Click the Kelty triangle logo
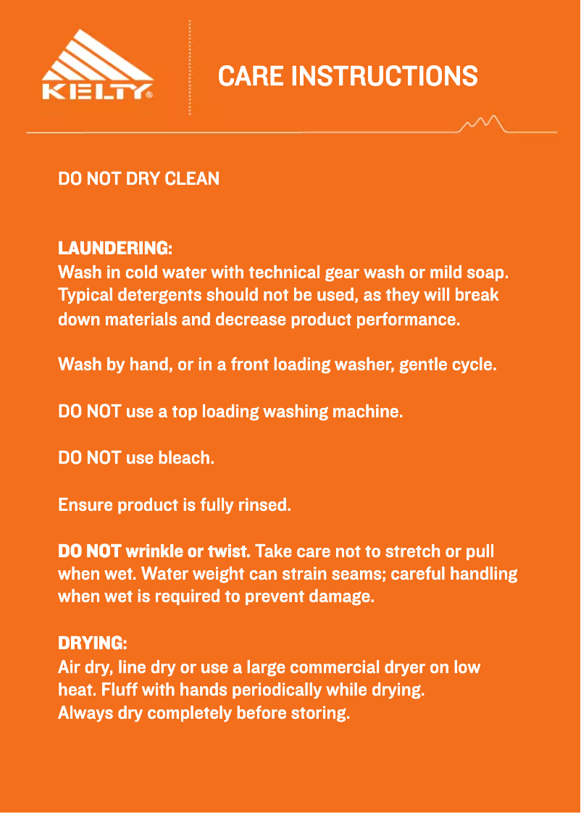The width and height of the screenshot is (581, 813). pyautogui.click(x=97, y=64)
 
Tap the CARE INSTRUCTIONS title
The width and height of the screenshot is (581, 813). pyautogui.click(x=348, y=76)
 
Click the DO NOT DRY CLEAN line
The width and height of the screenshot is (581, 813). pyautogui.click(x=138, y=178)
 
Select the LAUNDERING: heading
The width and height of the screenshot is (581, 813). pyautogui.click(x=114, y=249)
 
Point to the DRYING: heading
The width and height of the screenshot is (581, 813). pyautogui.click(x=92, y=643)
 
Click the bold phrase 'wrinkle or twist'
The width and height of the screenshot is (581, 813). pyautogui.click(x=188, y=551)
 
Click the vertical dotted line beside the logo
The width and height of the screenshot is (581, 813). pyautogui.click(x=190, y=67)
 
